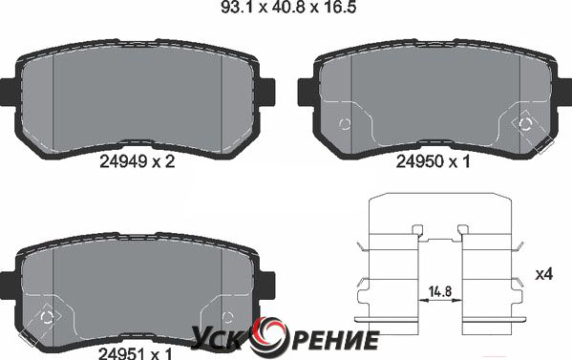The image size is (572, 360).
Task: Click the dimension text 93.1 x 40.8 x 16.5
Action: pyautogui.click(x=288, y=8)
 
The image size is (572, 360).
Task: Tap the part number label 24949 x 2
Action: pyautogui.click(x=138, y=161)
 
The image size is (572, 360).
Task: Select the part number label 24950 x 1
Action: pyautogui.click(x=434, y=161)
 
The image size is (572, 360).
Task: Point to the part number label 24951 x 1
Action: pyautogui.click(x=135, y=353)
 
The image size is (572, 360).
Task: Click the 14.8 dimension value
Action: pyautogui.click(x=440, y=291)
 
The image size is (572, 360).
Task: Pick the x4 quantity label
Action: pyautogui.click(x=544, y=274)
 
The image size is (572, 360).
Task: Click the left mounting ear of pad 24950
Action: pyautogui.click(x=306, y=93)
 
